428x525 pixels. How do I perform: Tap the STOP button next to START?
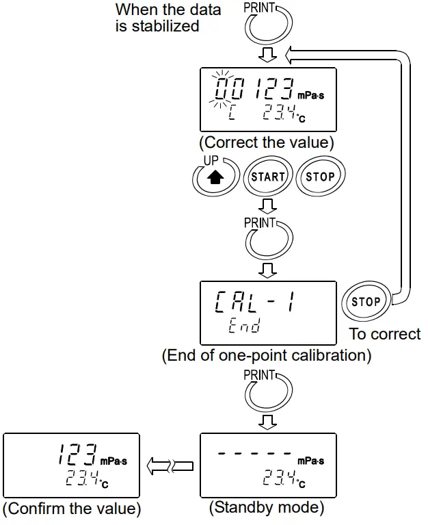pos(320,176)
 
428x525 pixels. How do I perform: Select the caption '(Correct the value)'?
pos(267,144)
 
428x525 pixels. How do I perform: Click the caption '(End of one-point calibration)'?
pos(267,356)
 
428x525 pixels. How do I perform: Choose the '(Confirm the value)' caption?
pos(72,509)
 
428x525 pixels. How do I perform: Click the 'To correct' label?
pos(385,334)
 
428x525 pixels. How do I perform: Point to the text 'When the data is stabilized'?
pos(168,18)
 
